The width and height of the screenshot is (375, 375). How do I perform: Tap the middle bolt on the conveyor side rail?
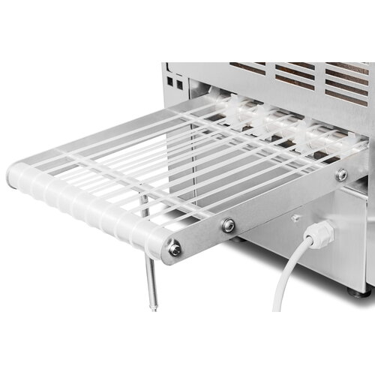coord(228,225)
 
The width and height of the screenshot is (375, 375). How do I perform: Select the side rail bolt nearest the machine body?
coord(341,175)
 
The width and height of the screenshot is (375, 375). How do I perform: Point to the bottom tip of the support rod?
coord(155,306)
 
